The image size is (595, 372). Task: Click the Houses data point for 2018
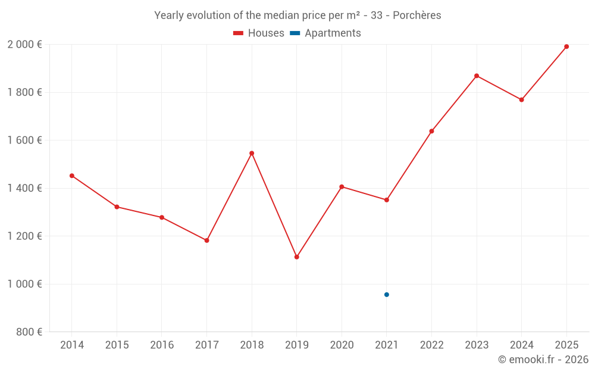(x=252, y=153)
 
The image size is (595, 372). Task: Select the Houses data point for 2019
(x=297, y=257)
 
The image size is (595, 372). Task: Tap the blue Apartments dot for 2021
(x=387, y=295)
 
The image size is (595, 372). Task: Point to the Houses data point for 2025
(x=566, y=46)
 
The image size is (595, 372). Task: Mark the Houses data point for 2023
(x=477, y=76)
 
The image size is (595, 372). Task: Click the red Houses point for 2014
(x=72, y=176)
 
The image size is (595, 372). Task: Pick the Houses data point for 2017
(x=207, y=240)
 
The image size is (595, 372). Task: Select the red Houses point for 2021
(x=387, y=200)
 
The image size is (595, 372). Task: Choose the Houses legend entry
(x=259, y=33)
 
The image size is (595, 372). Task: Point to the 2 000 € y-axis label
(x=24, y=45)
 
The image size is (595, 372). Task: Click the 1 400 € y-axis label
(x=24, y=188)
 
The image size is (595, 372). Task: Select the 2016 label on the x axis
(x=162, y=345)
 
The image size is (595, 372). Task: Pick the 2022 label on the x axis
(x=431, y=345)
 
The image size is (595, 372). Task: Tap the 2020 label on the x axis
(x=342, y=345)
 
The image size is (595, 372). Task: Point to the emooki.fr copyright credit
(x=543, y=360)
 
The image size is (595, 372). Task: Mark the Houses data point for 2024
(x=521, y=99)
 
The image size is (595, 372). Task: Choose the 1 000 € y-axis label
(x=24, y=284)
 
